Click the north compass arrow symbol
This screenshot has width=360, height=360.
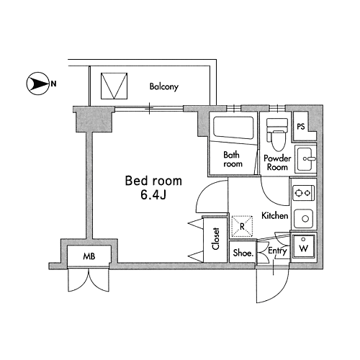(37, 84)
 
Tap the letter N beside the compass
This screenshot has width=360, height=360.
(53, 84)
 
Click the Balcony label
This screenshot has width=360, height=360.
(164, 86)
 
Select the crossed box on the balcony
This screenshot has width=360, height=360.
(114, 86)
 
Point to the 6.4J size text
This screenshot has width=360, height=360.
(153, 195)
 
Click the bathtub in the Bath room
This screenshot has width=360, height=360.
(233, 128)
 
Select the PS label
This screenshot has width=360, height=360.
(301, 127)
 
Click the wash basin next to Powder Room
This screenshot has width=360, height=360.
(305, 158)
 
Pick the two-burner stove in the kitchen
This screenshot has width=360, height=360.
(304, 193)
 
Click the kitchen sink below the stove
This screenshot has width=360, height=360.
(304, 219)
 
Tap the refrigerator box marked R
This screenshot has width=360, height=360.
(242, 226)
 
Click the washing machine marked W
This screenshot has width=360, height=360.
(304, 246)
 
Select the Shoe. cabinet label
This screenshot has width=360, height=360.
(243, 253)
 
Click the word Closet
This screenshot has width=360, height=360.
(216, 238)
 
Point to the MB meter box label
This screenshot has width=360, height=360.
(89, 256)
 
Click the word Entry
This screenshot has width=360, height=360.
(277, 251)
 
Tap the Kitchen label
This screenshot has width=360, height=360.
(275, 215)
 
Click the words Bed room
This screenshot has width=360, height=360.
(153, 181)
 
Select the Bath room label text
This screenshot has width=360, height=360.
(233, 159)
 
